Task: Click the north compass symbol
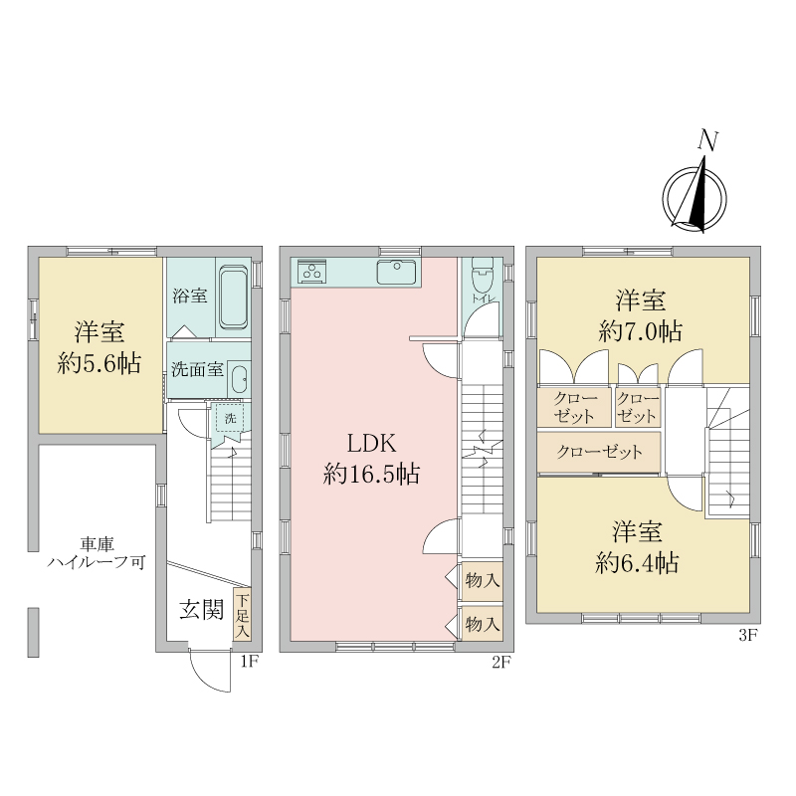click(x=695, y=195)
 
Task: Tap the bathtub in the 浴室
click(x=234, y=298)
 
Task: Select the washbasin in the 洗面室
click(x=238, y=379)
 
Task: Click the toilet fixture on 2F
click(x=482, y=276)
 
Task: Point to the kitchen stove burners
click(x=311, y=272)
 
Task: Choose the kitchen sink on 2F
click(x=396, y=273)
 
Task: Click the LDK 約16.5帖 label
click(x=371, y=460)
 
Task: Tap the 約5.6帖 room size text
click(x=99, y=364)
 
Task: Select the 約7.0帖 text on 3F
click(x=640, y=332)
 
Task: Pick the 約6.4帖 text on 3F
click(x=637, y=563)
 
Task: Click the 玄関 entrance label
click(x=202, y=610)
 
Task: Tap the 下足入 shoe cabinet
click(x=242, y=614)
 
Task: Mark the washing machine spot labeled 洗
click(x=231, y=419)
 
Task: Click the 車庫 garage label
click(x=97, y=544)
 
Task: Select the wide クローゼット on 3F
click(x=599, y=452)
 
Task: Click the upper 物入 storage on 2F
click(x=483, y=580)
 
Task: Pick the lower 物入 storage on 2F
click(x=483, y=624)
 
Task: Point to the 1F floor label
click(x=247, y=662)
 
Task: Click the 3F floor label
click(x=748, y=635)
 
